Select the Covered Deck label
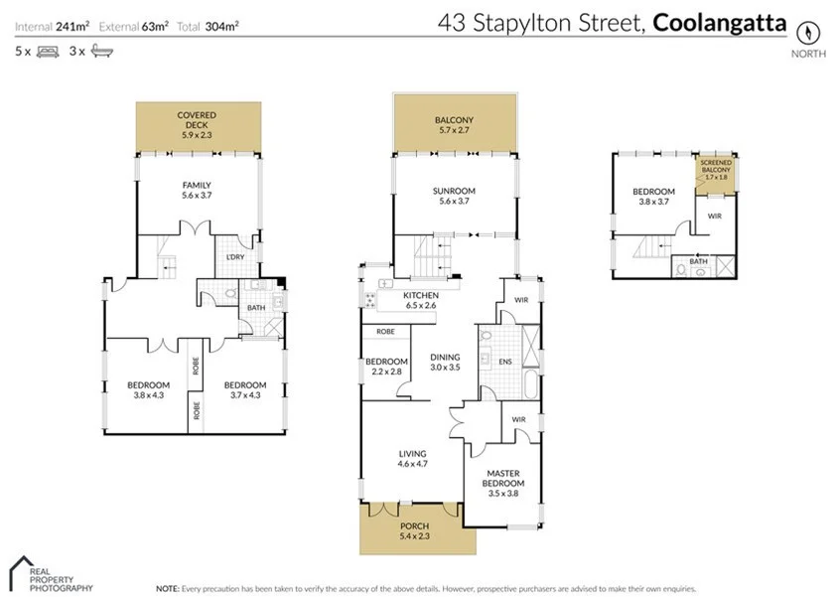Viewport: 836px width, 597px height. pyautogui.click(x=196, y=120)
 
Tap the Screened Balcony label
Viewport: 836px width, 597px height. pyautogui.click(x=716, y=169)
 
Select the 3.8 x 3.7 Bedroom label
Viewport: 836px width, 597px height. pyautogui.click(x=653, y=196)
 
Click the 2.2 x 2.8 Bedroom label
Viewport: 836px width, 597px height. pyautogui.click(x=386, y=366)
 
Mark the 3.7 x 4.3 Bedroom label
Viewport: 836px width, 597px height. pyautogui.click(x=244, y=390)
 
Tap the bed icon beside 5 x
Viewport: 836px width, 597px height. pyautogui.click(x=48, y=50)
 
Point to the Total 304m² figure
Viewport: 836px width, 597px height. pyautogui.click(x=208, y=26)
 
